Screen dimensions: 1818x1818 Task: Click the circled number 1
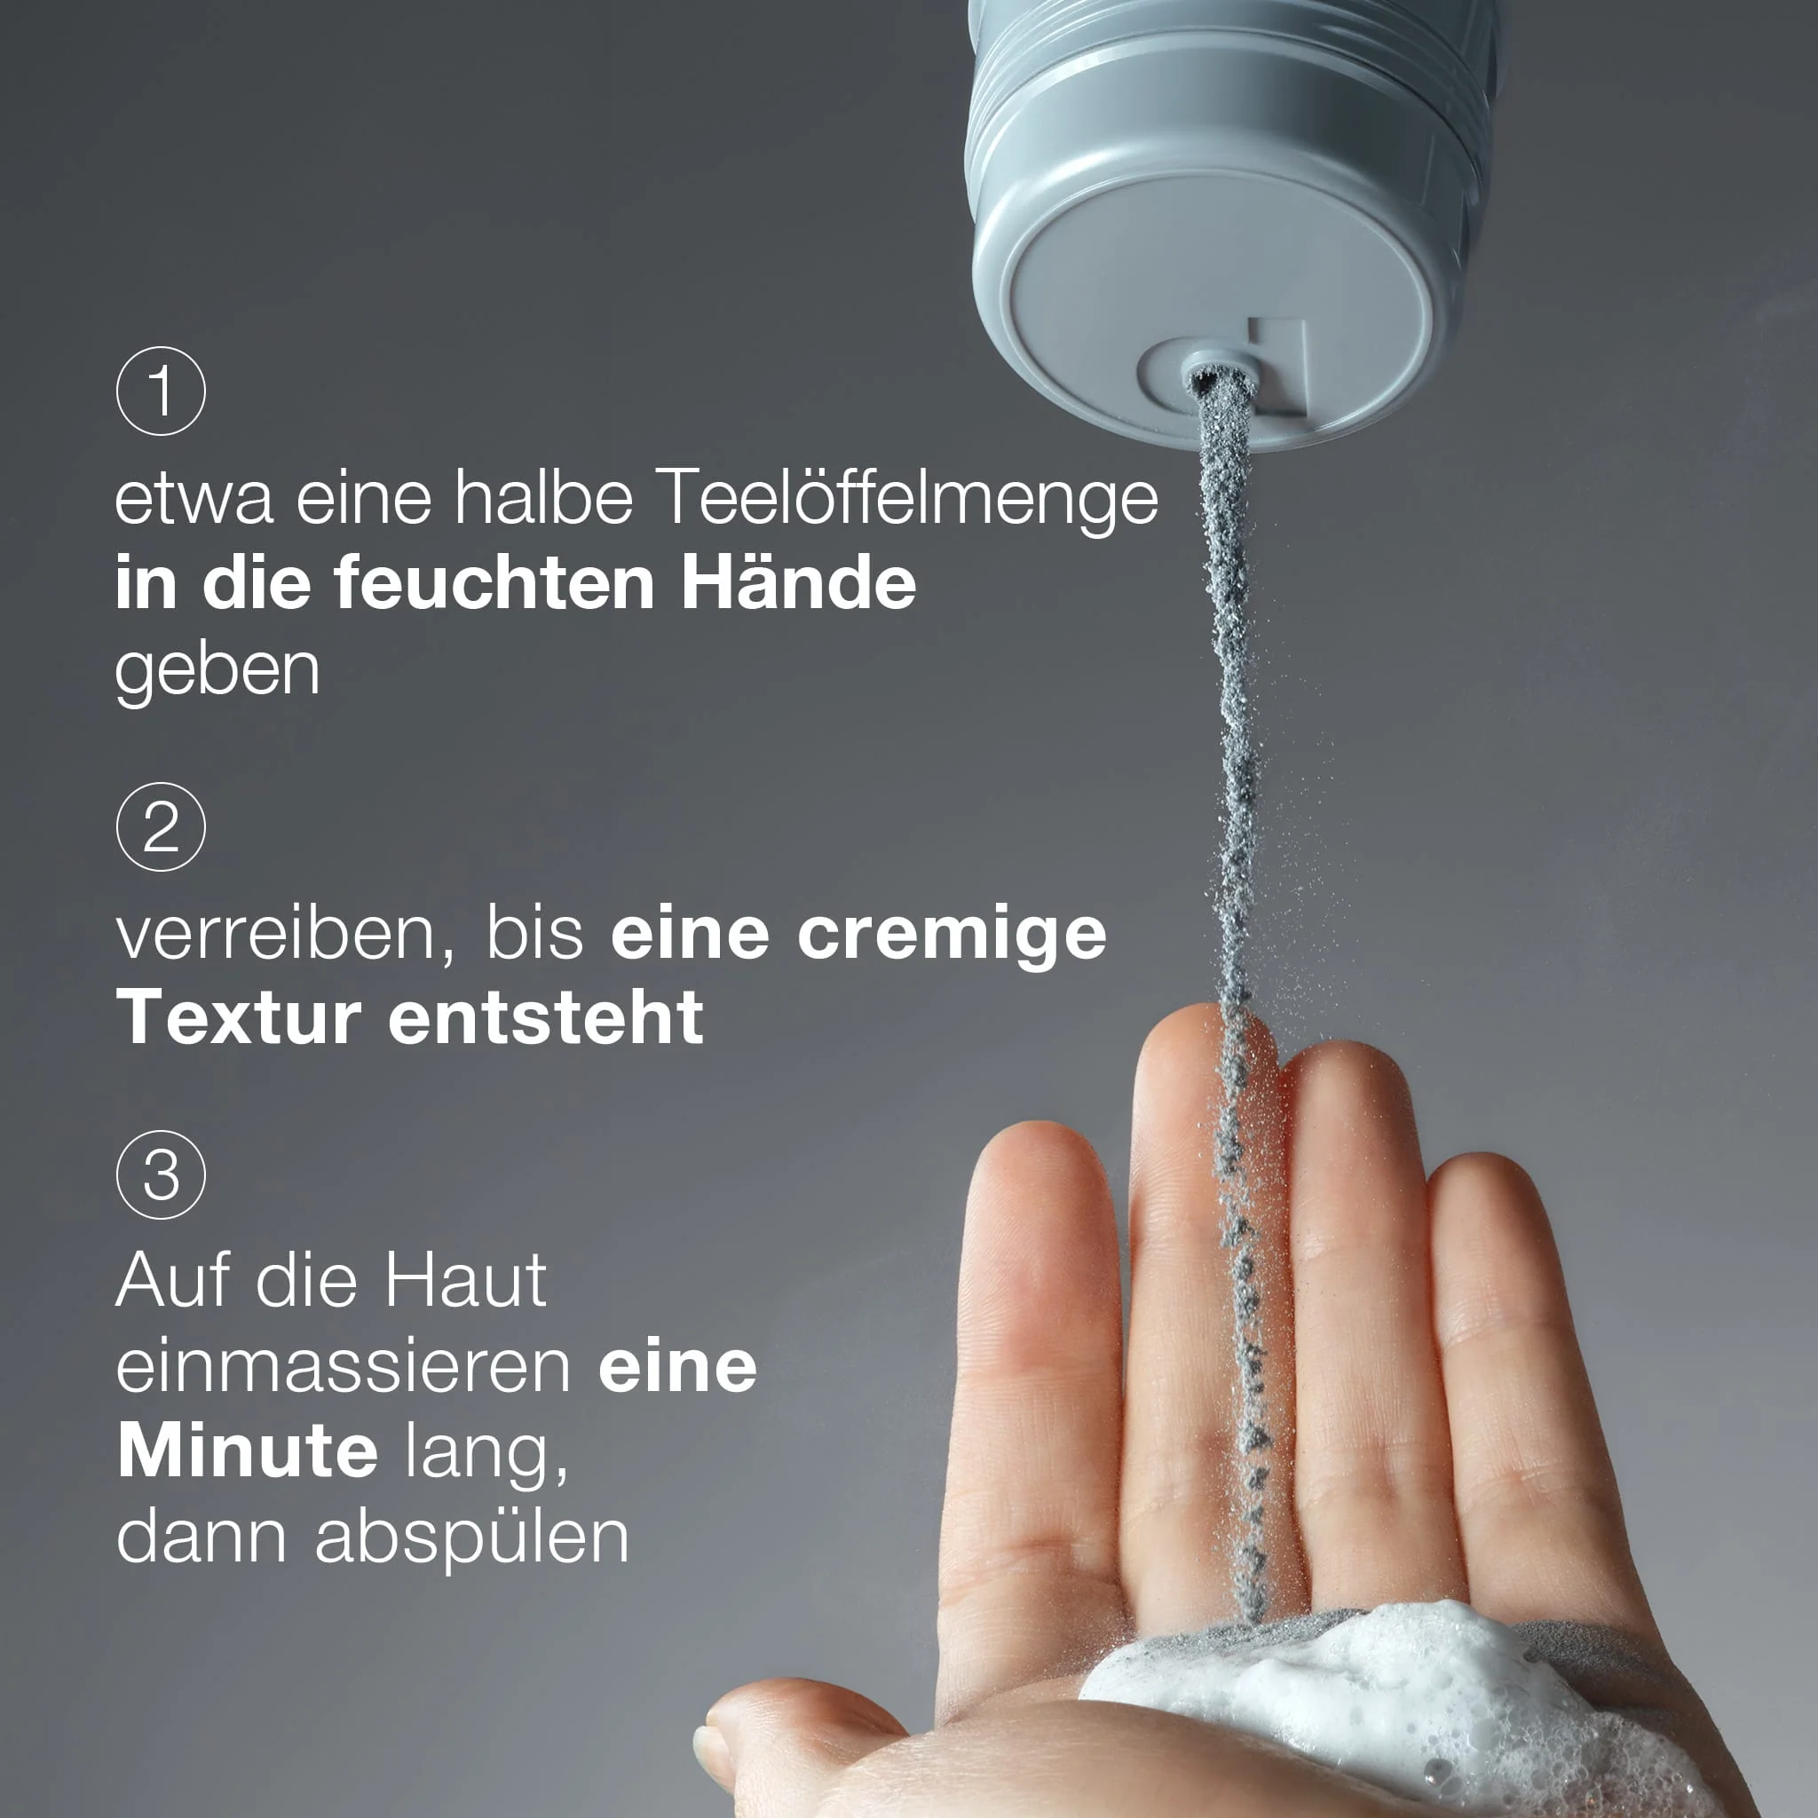[161, 391]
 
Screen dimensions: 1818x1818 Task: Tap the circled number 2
[161, 826]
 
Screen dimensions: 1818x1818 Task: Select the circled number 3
[161, 1174]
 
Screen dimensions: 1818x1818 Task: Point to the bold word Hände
[798, 582]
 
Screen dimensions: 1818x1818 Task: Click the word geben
[217, 674]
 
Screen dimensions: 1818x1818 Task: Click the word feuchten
[494, 583]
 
